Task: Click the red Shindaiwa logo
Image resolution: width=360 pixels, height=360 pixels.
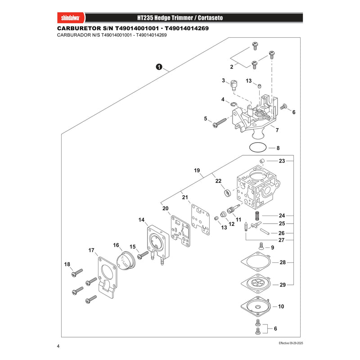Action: (x=71, y=18)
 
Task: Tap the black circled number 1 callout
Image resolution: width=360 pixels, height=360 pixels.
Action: (x=159, y=67)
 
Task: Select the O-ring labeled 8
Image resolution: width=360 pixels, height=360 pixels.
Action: (x=257, y=148)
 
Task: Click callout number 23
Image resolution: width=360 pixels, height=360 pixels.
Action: (x=282, y=161)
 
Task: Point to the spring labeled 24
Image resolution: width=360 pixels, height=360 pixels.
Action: (x=257, y=216)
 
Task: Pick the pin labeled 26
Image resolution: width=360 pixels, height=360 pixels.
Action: (x=265, y=231)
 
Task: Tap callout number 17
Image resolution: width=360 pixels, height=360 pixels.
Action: (x=91, y=250)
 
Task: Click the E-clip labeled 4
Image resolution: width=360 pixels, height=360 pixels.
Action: (x=234, y=104)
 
